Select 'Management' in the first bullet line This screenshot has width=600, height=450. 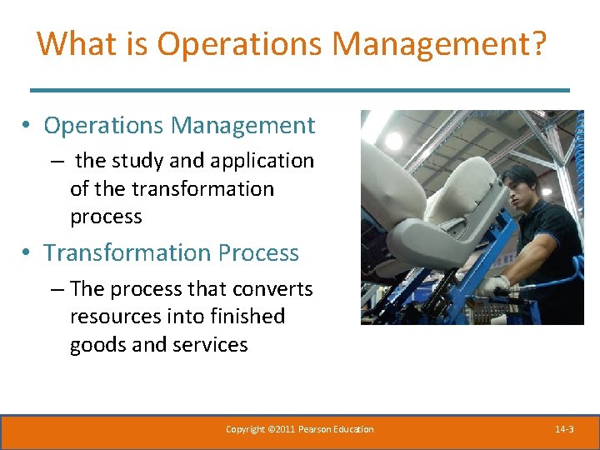[x=243, y=126]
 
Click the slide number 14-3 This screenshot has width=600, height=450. [x=564, y=430]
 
